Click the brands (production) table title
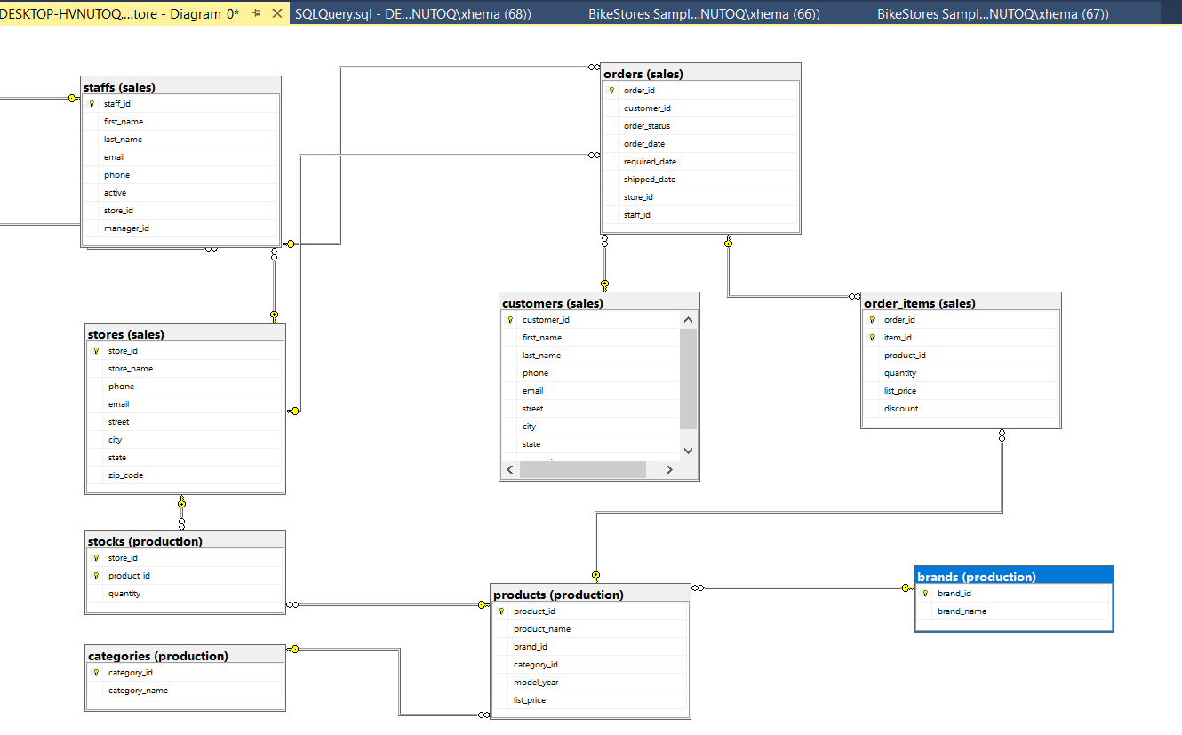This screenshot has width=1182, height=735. (x=977, y=577)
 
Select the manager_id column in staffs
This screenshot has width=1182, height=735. (x=126, y=228)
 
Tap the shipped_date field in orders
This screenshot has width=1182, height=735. (x=649, y=180)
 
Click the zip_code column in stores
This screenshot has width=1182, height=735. (x=125, y=475)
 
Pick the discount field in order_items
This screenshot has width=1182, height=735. (x=901, y=409)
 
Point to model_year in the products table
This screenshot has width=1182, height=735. (x=536, y=683)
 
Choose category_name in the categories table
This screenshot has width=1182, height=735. (x=138, y=691)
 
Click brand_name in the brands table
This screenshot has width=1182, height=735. (x=962, y=611)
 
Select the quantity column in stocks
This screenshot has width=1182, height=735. (x=124, y=594)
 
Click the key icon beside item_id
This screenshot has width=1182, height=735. (x=872, y=338)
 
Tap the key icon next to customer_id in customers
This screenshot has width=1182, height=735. (x=510, y=320)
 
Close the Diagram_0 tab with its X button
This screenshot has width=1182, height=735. (x=276, y=13)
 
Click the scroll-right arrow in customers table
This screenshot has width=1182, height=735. (x=669, y=469)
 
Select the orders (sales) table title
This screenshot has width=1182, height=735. (x=643, y=74)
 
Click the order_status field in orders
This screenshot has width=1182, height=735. (x=647, y=126)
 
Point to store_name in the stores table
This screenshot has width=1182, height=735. (x=131, y=369)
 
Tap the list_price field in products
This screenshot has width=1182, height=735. (x=530, y=700)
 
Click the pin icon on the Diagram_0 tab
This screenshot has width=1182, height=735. (x=256, y=13)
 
